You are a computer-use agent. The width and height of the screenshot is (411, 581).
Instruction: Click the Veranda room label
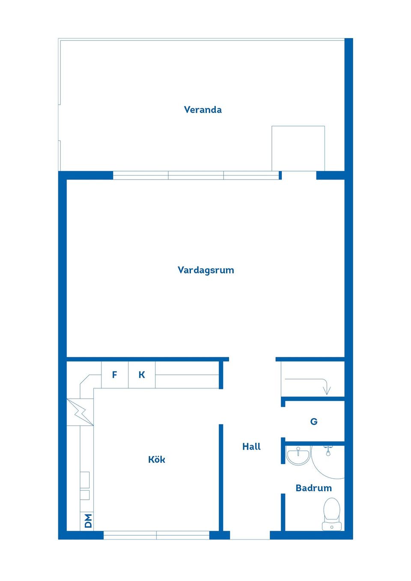pyautogui.click(x=203, y=110)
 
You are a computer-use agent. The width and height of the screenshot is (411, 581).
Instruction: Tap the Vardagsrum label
pyautogui.click(x=205, y=270)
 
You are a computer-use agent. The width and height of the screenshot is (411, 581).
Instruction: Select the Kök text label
pyautogui.click(x=156, y=459)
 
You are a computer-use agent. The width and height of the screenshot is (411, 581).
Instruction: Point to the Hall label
pyautogui.click(x=251, y=447)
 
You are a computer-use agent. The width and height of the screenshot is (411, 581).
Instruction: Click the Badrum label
pyautogui.click(x=313, y=488)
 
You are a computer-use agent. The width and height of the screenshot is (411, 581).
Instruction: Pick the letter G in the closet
pyautogui.click(x=314, y=422)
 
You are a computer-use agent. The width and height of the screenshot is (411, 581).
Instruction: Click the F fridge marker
pyautogui.click(x=114, y=375)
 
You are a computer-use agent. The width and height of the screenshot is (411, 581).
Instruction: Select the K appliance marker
pyautogui.click(x=142, y=375)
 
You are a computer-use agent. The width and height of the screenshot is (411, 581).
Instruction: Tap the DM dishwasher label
pyautogui.click(x=87, y=521)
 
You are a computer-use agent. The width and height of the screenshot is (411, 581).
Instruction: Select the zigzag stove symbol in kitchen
pyautogui.click(x=80, y=412)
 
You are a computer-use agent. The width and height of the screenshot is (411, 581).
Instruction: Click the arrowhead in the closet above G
pyautogui.click(x=327, y=390)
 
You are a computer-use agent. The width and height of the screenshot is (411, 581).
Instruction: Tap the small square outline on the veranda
pyautogui.click(x=298, y=148)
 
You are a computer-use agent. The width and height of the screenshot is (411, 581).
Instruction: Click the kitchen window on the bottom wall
pyautogui.click(x=156, y=535)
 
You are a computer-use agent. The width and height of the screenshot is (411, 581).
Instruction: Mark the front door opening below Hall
pyautogui.click(x=250, y=535)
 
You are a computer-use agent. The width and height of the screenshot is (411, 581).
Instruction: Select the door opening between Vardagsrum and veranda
pyautogui.click(x=299, y=175)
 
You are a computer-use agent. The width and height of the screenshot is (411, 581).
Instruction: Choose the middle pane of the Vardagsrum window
pyautogui.click(x=196, y=175)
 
